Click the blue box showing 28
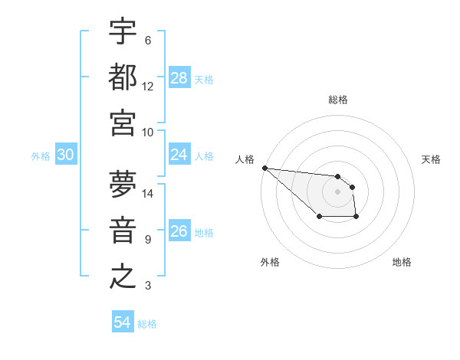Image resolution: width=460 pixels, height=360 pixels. coord(179,78)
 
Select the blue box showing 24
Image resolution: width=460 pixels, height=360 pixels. coord(179,155)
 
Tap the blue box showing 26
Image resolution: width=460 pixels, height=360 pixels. coord(179,231)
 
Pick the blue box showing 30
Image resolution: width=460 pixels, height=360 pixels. coord(66,155)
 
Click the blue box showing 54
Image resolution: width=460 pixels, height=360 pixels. coord(123,322)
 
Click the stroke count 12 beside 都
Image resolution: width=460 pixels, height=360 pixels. coord(148,86)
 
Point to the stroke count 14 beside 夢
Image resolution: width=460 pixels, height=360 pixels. coord(148,193)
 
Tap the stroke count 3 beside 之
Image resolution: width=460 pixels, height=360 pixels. coord(148,286)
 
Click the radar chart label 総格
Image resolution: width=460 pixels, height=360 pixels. coord(338,100)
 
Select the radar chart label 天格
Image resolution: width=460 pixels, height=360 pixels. coord(431,159)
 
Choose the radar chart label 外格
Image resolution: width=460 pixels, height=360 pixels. coord(270,262)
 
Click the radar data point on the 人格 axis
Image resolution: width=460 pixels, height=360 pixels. coord(264,168)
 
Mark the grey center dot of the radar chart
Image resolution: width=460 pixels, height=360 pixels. coord(338,191)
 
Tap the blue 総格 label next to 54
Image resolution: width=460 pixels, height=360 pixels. coord(147,324)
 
